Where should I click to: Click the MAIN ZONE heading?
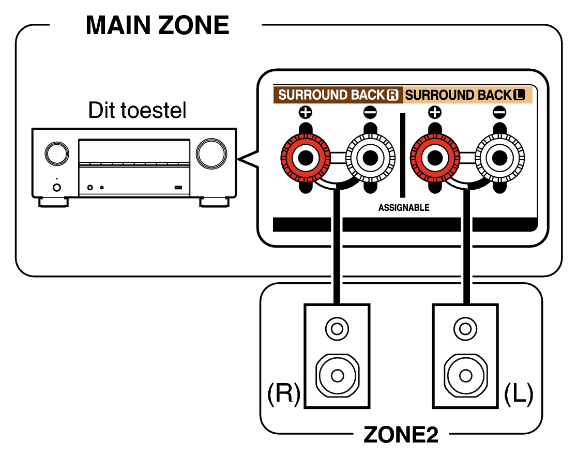click(x=157, y=25)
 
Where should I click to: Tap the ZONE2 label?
click(x=401, y=435)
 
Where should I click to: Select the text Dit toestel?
click(x=137, y=110)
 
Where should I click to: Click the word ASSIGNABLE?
click(x=404, y=208)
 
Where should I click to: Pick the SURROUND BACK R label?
click(x=339, y=95)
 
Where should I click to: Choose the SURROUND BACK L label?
click(x=465, y=95)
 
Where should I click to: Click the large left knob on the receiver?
click(x=56, y=152)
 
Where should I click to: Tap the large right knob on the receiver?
click(x=211, y=152)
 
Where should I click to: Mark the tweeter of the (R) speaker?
click(x=337, y=328)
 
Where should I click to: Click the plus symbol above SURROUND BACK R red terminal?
click(x=305, y=112)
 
